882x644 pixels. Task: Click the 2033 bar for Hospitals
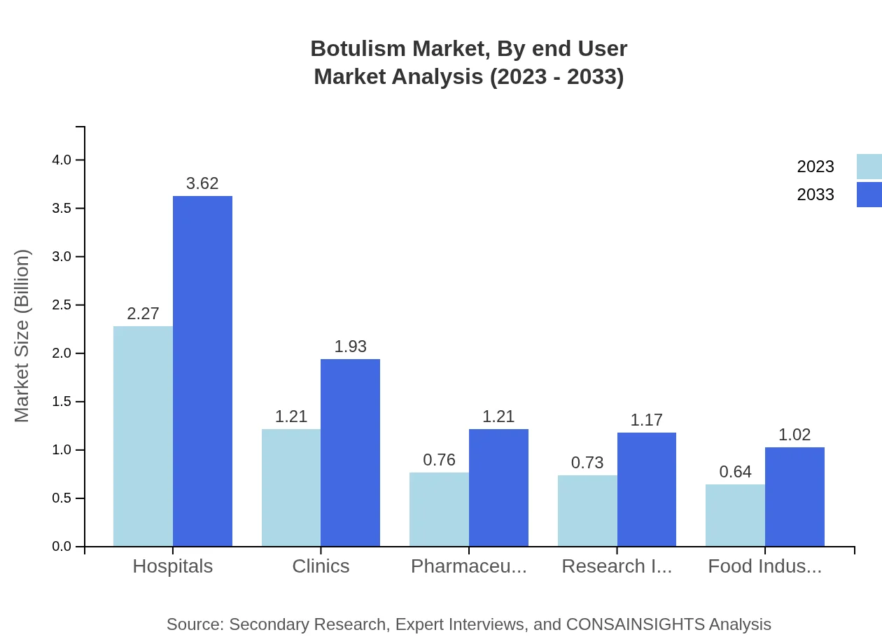coord(202,371)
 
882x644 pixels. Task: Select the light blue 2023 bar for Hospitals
coord(143,436)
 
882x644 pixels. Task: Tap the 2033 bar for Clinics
coord(350,453)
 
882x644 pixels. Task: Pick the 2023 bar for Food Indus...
coord(735,515)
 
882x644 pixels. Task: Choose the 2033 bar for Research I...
coord(646,489)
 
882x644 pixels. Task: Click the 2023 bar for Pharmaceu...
coord(439,510)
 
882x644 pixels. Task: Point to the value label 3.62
coord(202,183)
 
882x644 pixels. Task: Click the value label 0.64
coord(735,472)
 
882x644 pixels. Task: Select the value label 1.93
coord(350,346)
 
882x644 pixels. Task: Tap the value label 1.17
coord(646,420)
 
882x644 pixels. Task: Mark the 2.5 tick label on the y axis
coord(62,305)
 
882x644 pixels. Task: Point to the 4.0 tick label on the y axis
coord(62,160)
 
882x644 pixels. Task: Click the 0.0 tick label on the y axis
coord(62,547)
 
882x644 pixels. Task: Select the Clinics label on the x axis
coord(321,566)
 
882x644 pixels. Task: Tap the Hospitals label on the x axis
coord(173,566)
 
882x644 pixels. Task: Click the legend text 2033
coord(815,195)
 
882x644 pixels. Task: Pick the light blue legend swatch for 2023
coord(869,167)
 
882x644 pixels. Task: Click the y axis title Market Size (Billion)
coord(22,336)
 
